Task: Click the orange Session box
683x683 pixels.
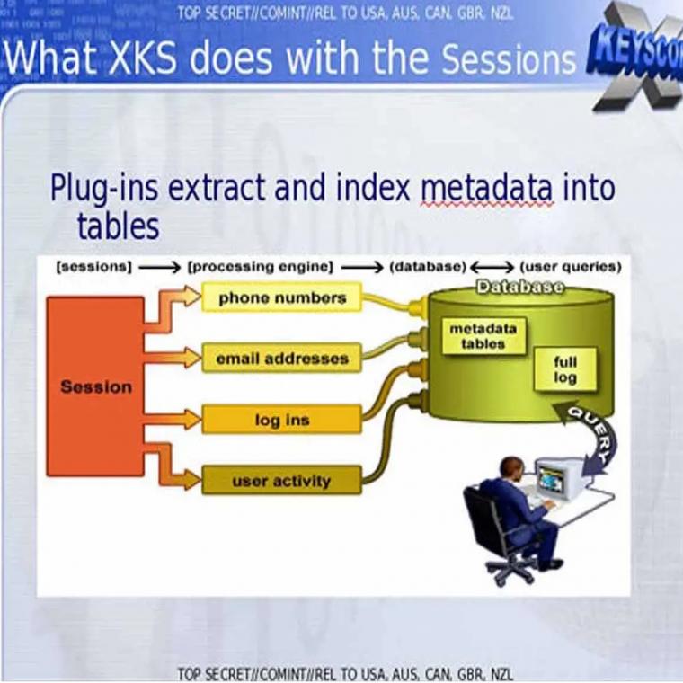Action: [95, 386]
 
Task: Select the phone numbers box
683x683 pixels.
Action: [282, 297]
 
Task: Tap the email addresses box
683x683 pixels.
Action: [282, 358]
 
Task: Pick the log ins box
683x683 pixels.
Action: [282, 420]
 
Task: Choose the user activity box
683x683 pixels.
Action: [282, 481]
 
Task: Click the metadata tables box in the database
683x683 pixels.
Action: [483, 336]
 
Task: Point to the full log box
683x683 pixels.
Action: [565, 369]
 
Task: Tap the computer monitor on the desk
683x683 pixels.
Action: [559, 478]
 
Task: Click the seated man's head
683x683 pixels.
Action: [512, 469]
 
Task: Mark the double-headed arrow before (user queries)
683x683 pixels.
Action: [492, 267]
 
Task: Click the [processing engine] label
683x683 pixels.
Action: [260, 267]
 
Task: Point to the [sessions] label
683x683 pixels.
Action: [93, 267]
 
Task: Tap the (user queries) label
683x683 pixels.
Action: [571, 267]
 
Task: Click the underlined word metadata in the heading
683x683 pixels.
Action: [487, 188]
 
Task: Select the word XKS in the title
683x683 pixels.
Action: [142, 58]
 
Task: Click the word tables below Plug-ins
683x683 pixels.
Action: [118, 226]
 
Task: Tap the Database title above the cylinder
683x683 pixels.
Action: [519, 287]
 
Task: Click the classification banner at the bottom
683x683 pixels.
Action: [344, 673]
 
